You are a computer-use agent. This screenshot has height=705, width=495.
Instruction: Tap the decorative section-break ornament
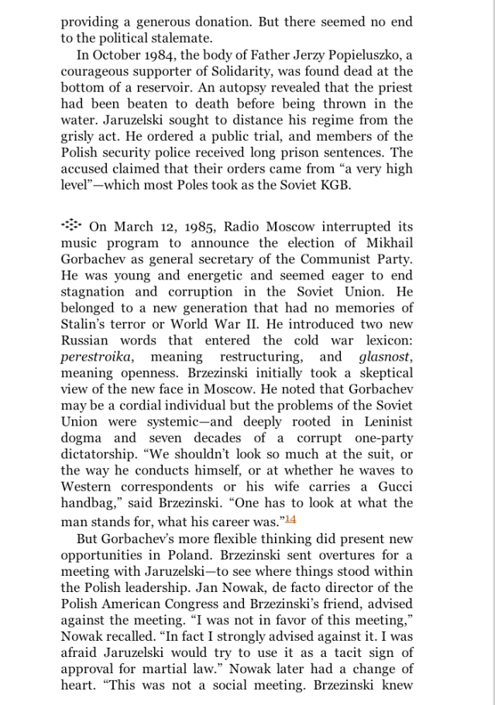pyautogui.click(x=71, y=225)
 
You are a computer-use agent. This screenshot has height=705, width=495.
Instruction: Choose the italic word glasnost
pyautogui.click(x=386, y=357)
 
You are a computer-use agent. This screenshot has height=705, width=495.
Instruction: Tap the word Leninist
pyautogui.click(x=384, y=422)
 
